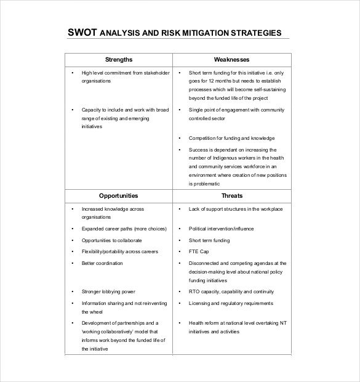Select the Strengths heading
[119, 59]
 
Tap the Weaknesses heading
[231, 59]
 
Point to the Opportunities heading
[119, 196]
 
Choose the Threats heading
[231, 196]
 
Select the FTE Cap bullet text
[199, 251]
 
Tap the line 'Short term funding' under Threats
[209, 240]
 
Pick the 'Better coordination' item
[102, 263]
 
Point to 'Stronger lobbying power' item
[108, 291]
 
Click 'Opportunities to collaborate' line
[111, 240]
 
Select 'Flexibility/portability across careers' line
[120, 251]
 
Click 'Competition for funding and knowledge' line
[231, 138]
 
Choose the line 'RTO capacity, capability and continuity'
[230, 291]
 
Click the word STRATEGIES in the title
[255, 33]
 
